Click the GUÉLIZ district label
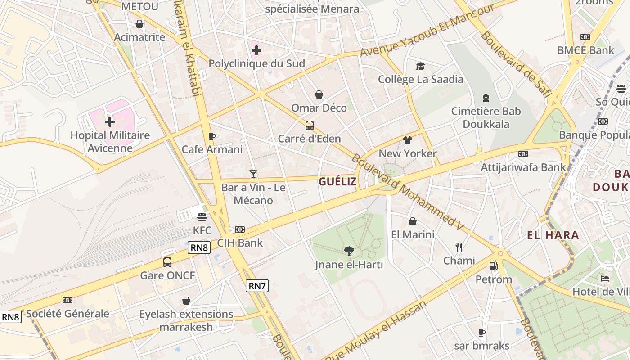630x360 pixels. (337, 182)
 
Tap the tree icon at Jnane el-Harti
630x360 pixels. (349, 251)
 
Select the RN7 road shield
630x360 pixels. (257, 285)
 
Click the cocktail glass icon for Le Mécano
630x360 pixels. (253, 174)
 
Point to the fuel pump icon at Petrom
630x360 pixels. (494, 266)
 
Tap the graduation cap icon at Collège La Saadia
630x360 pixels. (420, 67)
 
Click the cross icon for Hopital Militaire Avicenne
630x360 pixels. (110, 121)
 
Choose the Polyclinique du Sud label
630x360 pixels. (256, 63)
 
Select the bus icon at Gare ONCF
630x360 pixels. (167, 262)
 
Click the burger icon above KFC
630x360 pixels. (202, 217)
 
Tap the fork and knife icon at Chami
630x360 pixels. (459, 247)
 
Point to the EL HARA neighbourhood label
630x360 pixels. (553, 235)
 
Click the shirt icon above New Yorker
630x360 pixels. (408, 140)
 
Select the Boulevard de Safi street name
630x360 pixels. (516, 63)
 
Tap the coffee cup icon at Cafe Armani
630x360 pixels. (212, 136)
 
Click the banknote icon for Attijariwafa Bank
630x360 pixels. (523, 154)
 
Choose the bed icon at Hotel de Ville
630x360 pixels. (605, 279)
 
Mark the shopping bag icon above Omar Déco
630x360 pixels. (319, 94)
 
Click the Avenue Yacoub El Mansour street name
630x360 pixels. (427, 31)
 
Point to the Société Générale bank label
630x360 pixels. (67, 314)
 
